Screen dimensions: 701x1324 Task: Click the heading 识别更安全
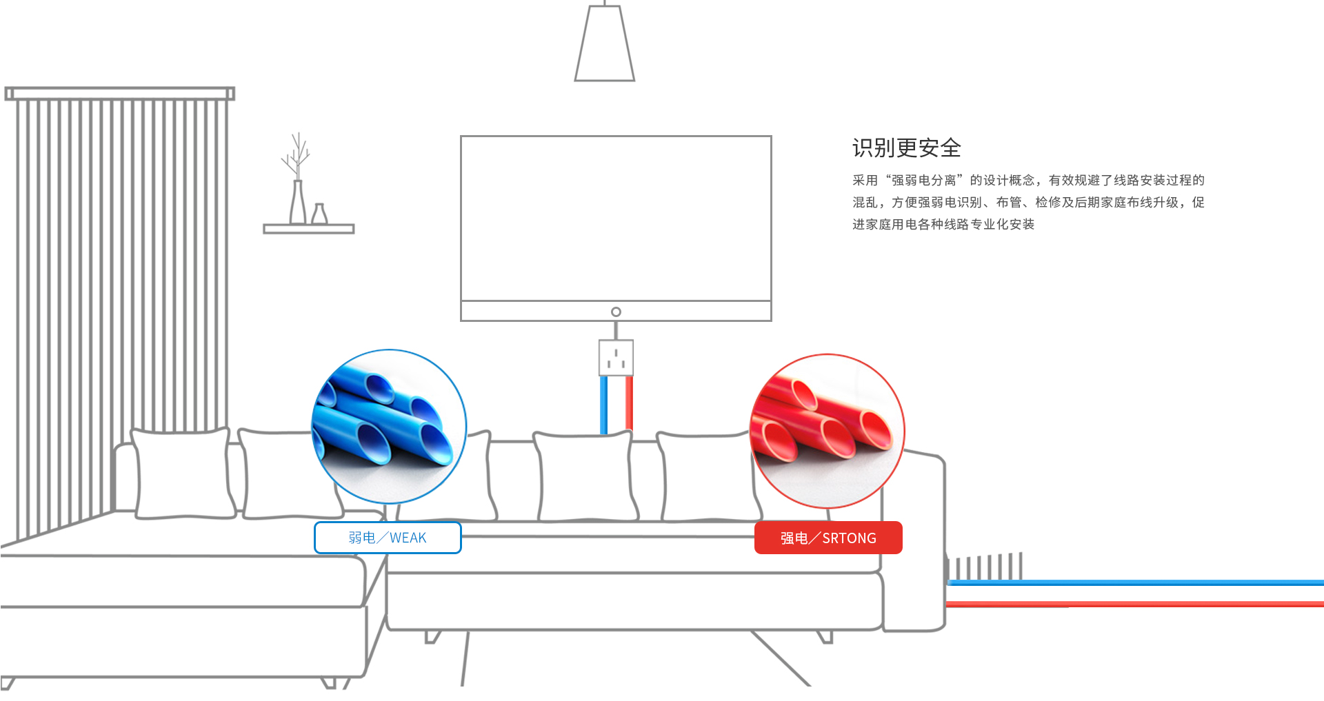pos(906,148)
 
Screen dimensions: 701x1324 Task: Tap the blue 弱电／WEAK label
pos(388,538)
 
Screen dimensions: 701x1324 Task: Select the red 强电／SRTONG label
pos(828,538)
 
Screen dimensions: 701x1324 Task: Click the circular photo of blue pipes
pos(389,426)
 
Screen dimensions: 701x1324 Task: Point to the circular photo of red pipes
pos(827,431)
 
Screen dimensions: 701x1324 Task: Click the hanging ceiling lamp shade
pos(605,45)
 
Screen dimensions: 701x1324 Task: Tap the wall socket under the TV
pos(616,358)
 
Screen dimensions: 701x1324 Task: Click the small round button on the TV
pos(616,312)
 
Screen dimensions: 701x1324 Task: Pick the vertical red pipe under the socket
pos(629,403)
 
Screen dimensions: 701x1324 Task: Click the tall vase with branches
pos(298,200)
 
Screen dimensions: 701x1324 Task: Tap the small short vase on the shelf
pos(319,214)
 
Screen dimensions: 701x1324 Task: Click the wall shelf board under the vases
pos(308,229)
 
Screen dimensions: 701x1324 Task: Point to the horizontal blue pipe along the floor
pos(1138,583)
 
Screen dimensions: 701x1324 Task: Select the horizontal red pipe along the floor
pos(1138,605)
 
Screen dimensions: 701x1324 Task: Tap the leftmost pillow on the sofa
pos(183,474)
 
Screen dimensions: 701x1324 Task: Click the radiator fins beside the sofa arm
pos(986,567)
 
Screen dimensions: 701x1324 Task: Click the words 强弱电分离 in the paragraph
pos(924,181)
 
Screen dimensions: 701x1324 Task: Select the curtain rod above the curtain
pos(120,93)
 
